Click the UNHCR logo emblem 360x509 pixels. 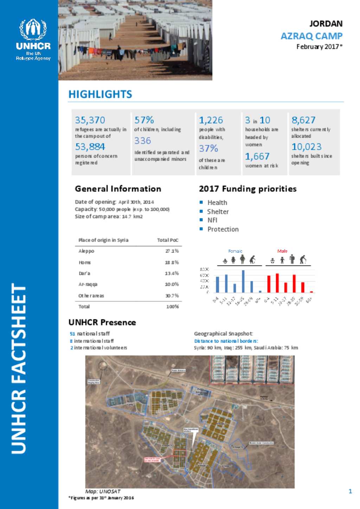[x=33, y=30]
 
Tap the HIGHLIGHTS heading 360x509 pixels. [x=100, y=94]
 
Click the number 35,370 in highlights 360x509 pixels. [x=90, y=120]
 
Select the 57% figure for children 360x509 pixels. [x=144, y=120]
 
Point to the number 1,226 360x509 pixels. [x=211, y=120]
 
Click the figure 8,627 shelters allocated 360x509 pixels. [x=303, y=120]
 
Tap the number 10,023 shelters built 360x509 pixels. [x=307, y=146]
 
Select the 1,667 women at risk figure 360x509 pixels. [x=257, y=156]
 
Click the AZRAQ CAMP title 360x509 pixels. [x=311, y=36]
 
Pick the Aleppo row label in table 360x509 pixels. [x=86, y=251]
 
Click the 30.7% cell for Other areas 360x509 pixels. [x=172, y=296]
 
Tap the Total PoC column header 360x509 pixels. [x=168, y=240]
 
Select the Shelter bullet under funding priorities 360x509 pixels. [x=218, y=211]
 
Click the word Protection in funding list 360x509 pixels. [x=223, y=229]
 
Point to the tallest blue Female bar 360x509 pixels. [x=243, y=281]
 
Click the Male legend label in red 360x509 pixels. [x=282, y=251]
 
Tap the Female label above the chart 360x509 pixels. [x=235, y=251]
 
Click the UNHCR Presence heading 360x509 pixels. [x=102, y=322]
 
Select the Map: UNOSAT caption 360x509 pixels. [x=103, y=491]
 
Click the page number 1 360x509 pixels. [x=350, y=491]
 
